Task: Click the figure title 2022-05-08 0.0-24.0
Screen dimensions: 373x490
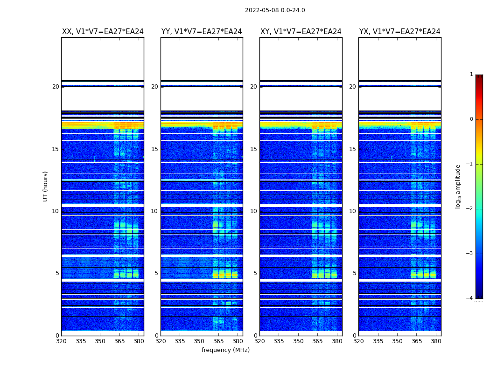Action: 275,10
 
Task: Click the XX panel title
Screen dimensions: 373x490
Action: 103,32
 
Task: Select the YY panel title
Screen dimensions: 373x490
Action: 202,32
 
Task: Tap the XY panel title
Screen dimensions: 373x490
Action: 301,32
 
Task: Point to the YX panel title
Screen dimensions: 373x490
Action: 399,32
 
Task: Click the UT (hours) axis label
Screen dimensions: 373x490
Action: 45,186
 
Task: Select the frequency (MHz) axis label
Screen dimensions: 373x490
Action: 225,350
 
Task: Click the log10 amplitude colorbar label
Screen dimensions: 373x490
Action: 458,186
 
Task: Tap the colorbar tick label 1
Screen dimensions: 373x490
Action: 471,75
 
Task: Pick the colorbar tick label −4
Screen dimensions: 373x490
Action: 470,298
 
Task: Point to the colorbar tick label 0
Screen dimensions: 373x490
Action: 471,119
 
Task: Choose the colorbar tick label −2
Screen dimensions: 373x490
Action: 470,209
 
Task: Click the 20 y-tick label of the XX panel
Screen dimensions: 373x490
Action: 56,87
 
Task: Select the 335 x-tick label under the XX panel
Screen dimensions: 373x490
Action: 81,341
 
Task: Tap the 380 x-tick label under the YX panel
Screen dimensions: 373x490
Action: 436,341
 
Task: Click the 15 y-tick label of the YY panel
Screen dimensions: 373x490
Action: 154,149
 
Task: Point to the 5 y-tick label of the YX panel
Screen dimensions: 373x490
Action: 354,274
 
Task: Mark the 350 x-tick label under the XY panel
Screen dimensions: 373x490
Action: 298,341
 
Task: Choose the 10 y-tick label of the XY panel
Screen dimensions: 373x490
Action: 253,211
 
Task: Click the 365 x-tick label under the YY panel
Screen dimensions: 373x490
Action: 218,341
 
